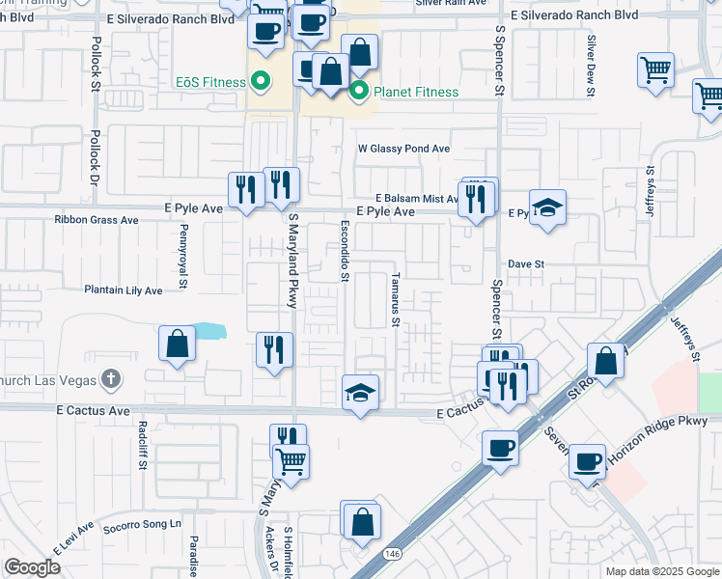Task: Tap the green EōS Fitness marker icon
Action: (259, 81)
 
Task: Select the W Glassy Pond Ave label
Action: (403, 150)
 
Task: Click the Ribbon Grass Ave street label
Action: (97, 220)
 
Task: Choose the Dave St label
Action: (527, 263)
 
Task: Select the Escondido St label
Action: (344, 251)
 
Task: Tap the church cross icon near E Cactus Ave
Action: (111, 378)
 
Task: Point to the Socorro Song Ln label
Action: (143, 524)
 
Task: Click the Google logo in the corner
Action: (33, 567)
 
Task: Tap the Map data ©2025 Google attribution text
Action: (661, 571)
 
